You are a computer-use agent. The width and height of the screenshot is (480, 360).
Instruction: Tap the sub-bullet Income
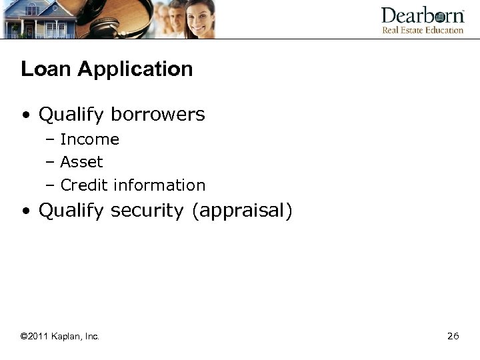click(89, 140)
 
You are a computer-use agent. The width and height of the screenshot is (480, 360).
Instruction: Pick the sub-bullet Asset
click(81, 162)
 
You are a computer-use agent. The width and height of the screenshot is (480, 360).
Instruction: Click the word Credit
click(85, 185)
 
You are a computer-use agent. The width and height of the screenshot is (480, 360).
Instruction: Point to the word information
click(159, 185)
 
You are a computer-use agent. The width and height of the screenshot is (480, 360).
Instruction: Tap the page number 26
click(453, 337)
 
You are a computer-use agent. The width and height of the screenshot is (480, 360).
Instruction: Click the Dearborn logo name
click(422, 15)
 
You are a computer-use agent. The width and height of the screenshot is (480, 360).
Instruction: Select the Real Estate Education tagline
click(422, 30)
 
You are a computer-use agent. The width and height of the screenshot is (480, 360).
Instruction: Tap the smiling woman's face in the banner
click(199, 18)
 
